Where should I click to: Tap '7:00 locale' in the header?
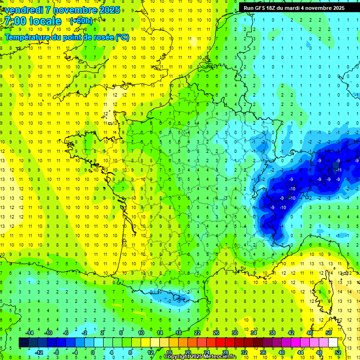pyautogui.click(x=34, y=21)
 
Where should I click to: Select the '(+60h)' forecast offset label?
pyautogui.click(x=81, y=21)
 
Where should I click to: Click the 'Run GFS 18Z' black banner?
pyautogui.click(x=294, y=8)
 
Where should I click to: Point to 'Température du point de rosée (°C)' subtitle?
pyautogui.click(x=67, y=37)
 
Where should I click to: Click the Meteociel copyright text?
pyautogui.click(x=200, y=357)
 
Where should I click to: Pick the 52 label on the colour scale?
pyautogui.click(x=338, y=352)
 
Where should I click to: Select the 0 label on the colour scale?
pyautogui.click(x=93, y=352)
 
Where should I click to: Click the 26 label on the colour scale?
pyautogui.click(x=216, y=333)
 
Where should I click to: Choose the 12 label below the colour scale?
pyautogui.click(x=150, y=352)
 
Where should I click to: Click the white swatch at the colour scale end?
pyautogui.click(x=333, y=342)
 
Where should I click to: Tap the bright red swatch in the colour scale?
pyautogui.click(x=221, y=342)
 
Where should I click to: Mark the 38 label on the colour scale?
pyautogui.click(x=272, y=333)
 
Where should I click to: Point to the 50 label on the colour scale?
pyautogui.click(x=329, y=333)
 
